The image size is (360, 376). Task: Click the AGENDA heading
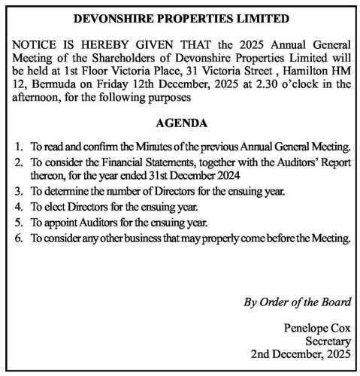coord(180,122)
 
